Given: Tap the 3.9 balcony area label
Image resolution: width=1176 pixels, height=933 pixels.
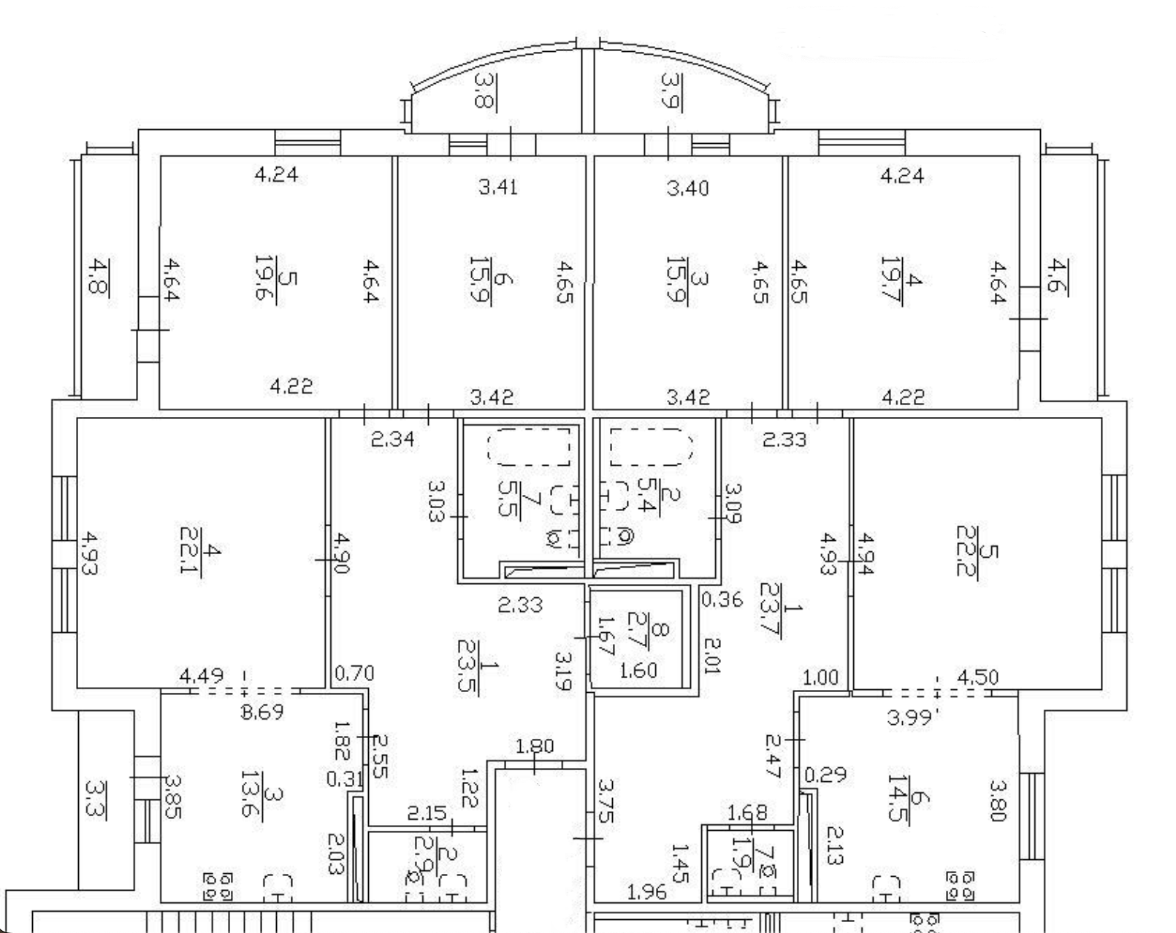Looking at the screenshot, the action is (669, 91).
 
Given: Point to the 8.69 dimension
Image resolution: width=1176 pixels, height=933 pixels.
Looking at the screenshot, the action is (261, 712).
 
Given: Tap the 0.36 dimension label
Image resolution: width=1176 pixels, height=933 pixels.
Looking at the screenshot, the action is (722, 599).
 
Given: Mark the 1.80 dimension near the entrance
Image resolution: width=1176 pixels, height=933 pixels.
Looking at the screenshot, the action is (535, 747).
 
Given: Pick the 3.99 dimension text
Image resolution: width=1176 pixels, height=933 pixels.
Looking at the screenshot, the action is (910, 718).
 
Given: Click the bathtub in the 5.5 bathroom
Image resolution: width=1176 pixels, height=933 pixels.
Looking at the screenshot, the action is (528, 446).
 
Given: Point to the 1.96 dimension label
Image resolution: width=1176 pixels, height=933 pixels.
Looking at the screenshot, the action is (646, 891).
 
